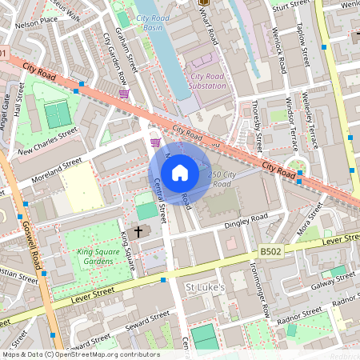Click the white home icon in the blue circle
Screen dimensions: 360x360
[180, 173]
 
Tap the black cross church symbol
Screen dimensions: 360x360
[138, 231]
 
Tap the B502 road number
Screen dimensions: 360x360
[270, 252]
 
